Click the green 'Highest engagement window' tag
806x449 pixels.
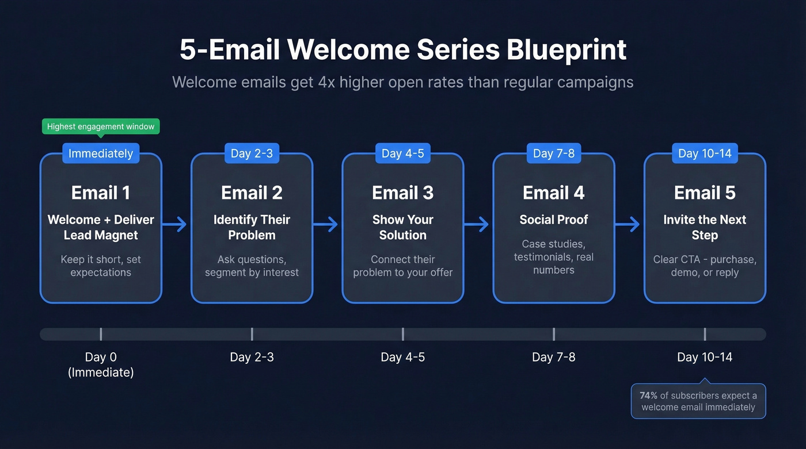pos(101,126)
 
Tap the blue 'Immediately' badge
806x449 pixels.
pos(101,153)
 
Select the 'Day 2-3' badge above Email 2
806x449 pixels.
pos(252,153)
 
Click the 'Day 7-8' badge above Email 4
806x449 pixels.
pos(553,153)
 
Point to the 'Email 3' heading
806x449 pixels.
pos(402,193)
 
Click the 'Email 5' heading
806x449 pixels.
pos(705,193)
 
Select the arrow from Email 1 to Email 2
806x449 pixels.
pos(176,225)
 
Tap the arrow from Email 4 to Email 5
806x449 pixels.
pos(628,225)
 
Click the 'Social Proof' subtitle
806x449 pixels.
pos(553,220)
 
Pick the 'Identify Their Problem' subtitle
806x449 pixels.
pos(252,227)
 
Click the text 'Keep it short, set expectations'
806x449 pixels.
pos(101,266)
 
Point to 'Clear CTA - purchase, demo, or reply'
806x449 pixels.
pos(705,266)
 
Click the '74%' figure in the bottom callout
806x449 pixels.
pos(648,396)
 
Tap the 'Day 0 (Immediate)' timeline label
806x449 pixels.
pos(101,364)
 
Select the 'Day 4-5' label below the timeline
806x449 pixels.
pos(402,357)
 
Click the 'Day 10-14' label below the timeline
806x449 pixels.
pos(705,357)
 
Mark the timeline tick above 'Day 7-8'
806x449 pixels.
pos(553,334)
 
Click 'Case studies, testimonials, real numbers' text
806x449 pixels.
pos(553,256)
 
